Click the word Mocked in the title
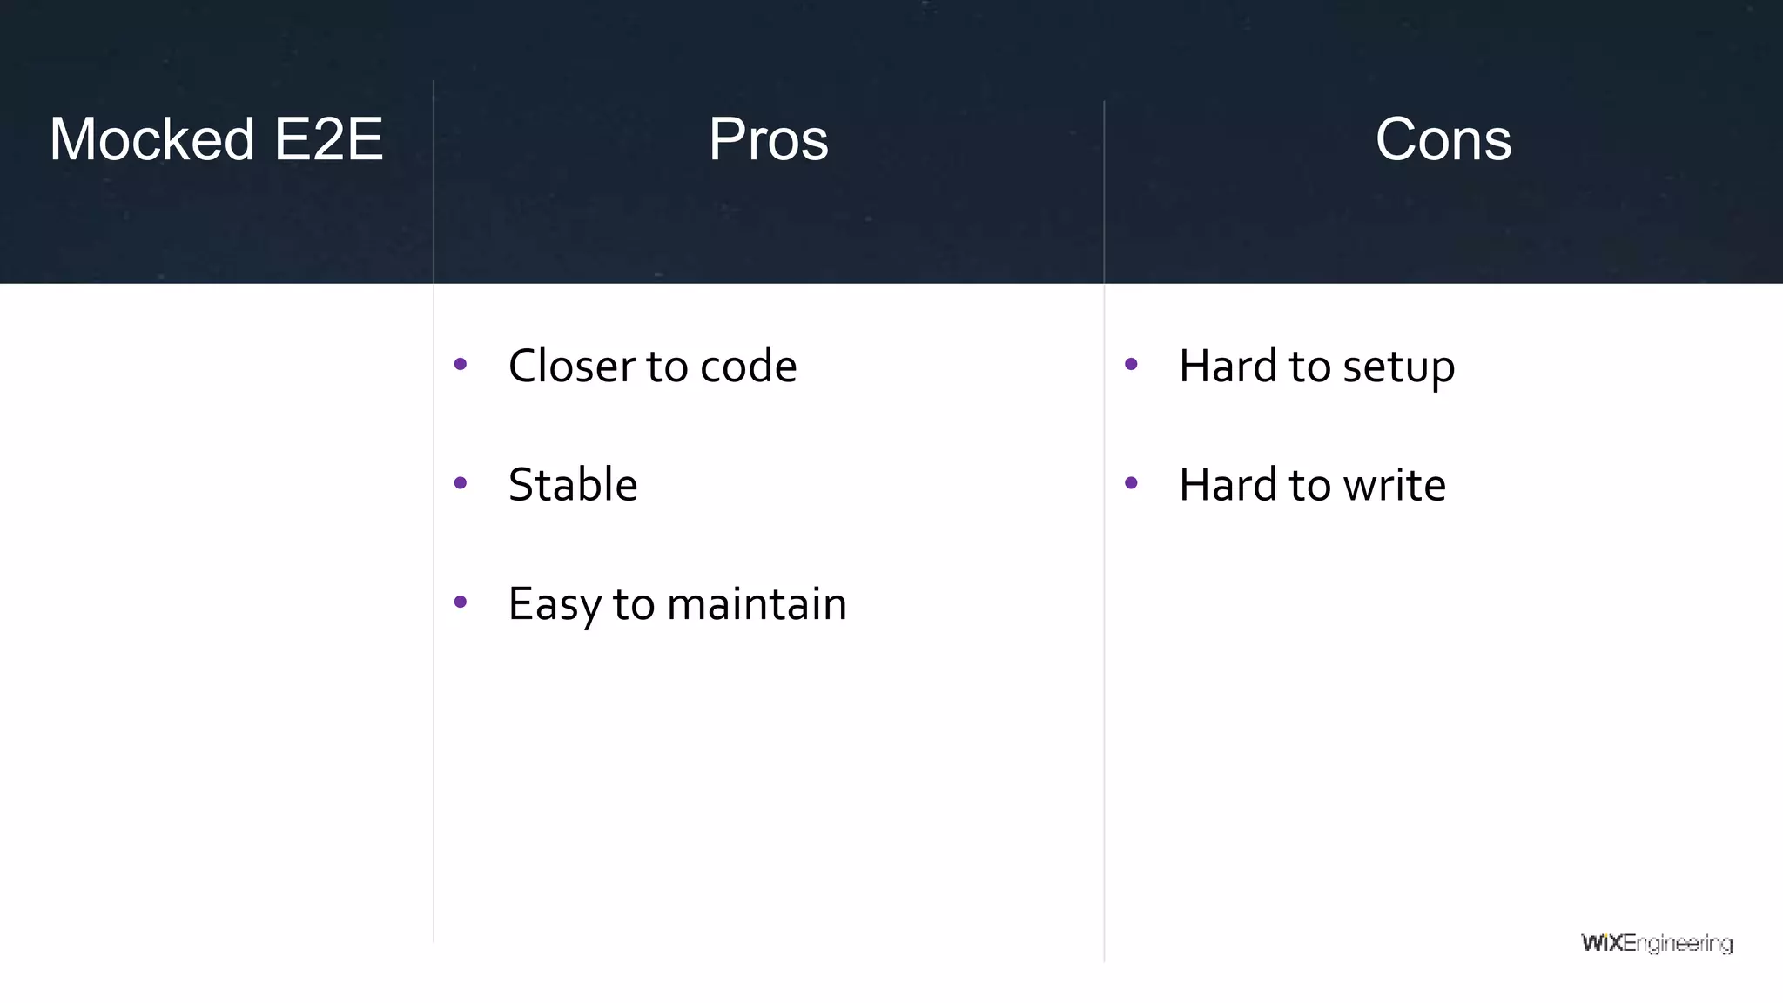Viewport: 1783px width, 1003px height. click(x=151, y=139)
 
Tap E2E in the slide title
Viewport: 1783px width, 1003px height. click(x=328, y=139)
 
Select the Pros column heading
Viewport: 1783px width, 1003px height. click(x=768, y=139)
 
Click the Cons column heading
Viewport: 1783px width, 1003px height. click(x=1443, y=139)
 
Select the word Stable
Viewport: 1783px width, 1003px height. click(x=572, y=485)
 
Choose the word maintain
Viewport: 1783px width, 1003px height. click(x=756, y=604)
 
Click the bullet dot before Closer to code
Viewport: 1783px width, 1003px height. click(x=461, y=364)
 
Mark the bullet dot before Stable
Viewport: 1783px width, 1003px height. click(x=461, y=483)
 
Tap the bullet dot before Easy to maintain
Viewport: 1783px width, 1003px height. click(x=461, y=602)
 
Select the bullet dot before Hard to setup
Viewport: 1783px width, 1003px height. click(x=1131, y=364)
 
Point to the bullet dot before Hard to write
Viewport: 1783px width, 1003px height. click(x=1131, y=483)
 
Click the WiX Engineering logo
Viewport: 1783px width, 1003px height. click(x=1656, y=944)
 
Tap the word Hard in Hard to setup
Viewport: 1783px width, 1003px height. click(x=1228, y=366)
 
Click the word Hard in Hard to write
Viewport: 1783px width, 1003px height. click(x=1228, y=485)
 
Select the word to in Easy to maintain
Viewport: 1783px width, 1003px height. click(x=633, y=604)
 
